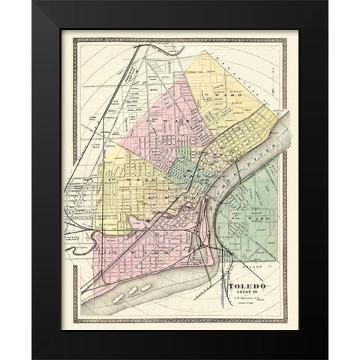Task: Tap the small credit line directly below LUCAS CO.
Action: point(244,299)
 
